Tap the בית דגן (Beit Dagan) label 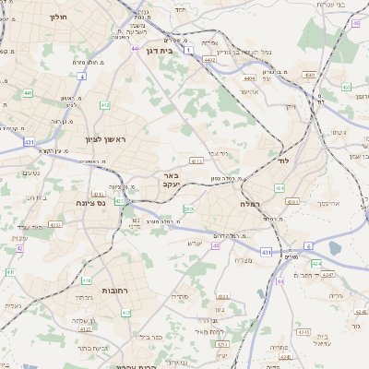[x=159, y=51]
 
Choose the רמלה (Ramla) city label [x=252, y=203]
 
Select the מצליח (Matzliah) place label [x=244, y=261]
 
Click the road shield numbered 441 [x=29, y=93]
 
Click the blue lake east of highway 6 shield [x=334, y=247]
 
